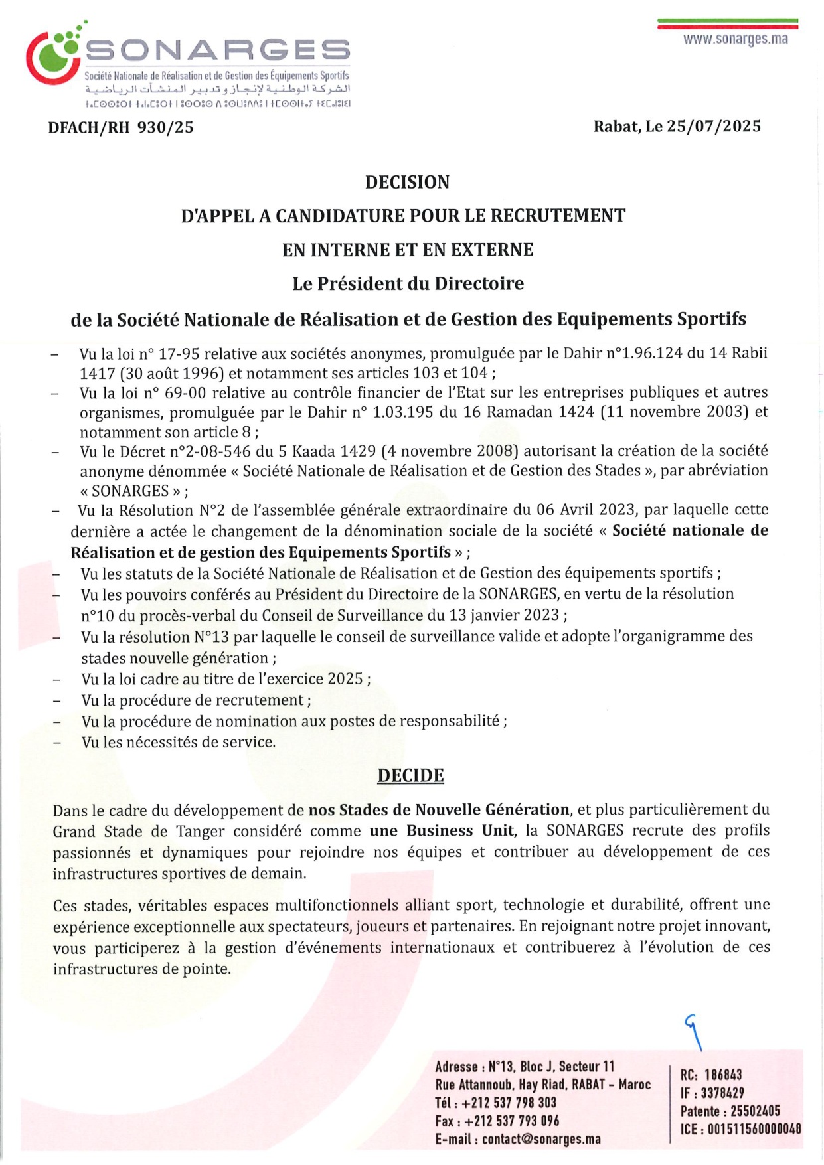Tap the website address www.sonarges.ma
pos(736,39)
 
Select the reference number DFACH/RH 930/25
pos(121,127)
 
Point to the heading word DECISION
pos(407,183)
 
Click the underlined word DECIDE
pos(410,776)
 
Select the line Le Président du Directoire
pos(408,284)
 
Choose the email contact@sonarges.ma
pos(541,1140)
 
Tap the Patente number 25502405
pos(755,1111)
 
